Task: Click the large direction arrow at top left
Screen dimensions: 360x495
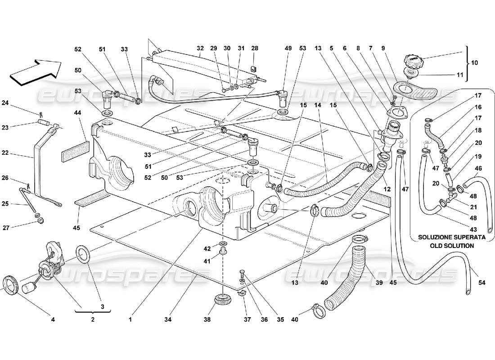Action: coord(36,72)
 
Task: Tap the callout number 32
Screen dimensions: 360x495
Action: coord(200,48)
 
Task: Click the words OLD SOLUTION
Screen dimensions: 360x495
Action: coord(446,246)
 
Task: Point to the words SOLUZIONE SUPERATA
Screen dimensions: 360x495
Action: coord(446,237)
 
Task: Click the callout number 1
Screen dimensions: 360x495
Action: coord(130,320)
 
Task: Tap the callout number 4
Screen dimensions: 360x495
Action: coord(53,320)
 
